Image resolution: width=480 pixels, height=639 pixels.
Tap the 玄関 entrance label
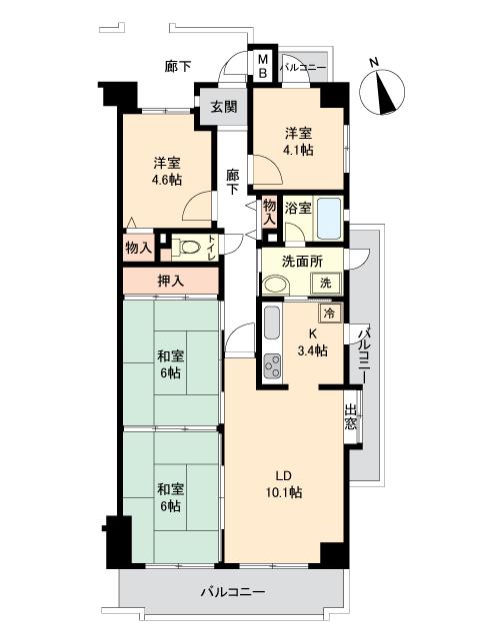pos(224,107)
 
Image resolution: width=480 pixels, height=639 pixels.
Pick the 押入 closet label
pos(171,282)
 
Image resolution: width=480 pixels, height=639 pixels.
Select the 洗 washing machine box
pos(325,284)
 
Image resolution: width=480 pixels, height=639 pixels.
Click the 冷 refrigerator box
pos(332,313)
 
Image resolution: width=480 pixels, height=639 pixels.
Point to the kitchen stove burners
pos(272,368)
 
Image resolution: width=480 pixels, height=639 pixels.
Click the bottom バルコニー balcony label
pos(232,592)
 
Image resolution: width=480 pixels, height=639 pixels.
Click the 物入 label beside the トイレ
pos(139,247)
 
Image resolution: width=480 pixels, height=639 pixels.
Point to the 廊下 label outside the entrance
pos(178,67)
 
